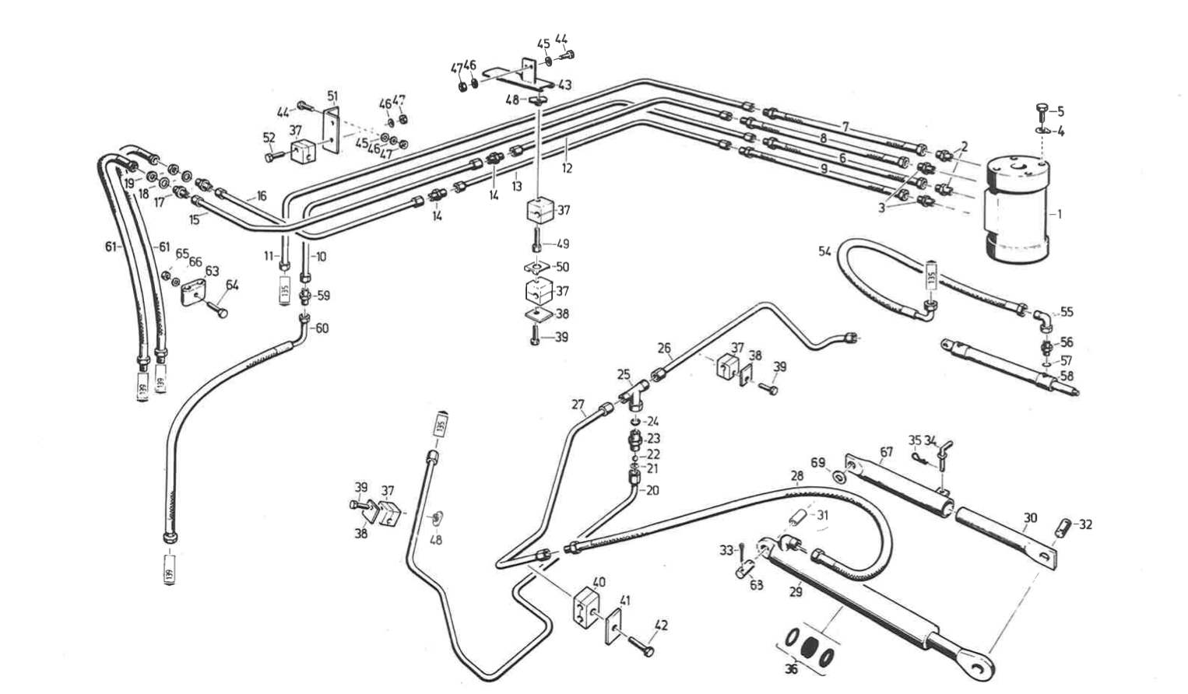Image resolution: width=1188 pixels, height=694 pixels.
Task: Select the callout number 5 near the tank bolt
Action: coord(1060,111)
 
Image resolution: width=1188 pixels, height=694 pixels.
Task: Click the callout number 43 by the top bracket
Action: coord(564,84)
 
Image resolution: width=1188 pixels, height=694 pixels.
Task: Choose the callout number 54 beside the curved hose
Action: coord(824,251)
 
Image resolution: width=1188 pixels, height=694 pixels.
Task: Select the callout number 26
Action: coord(663,348)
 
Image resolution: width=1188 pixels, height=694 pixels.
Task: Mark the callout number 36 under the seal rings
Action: coord(791,668)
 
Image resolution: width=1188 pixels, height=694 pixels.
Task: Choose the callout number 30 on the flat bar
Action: coord(1030,517)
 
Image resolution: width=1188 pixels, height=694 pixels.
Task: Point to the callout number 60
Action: coord(322,328)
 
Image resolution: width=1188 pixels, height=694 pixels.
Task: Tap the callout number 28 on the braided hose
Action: coord(796,475)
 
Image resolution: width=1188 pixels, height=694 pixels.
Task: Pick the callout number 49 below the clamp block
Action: coord(563,244)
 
